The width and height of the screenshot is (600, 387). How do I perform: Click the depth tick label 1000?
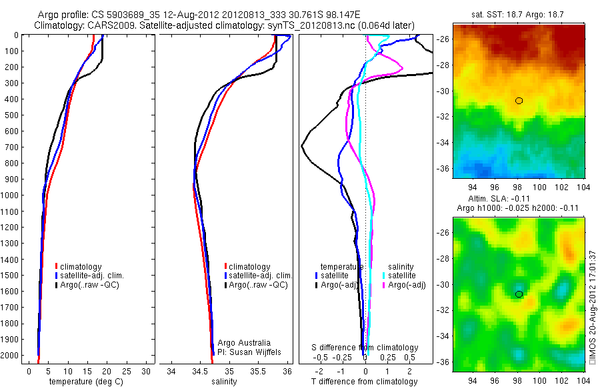click(x=11, y=196)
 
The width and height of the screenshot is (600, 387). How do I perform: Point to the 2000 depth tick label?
click(x=11, y=356)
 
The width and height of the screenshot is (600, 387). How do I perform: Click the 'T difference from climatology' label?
click(x=364, y=382)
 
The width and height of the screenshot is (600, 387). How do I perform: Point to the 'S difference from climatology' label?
click(x=365, y=348)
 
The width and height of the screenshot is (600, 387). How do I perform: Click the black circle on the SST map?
click(x=519, y=101)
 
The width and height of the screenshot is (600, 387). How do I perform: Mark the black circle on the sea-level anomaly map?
click(x=519, y=294)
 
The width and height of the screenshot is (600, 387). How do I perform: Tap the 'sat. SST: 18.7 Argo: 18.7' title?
click(x=518, y=13)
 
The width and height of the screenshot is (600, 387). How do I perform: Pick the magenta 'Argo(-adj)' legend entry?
click(x=407, y=285)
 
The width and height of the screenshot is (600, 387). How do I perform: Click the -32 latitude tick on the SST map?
click(x=443, y=117)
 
